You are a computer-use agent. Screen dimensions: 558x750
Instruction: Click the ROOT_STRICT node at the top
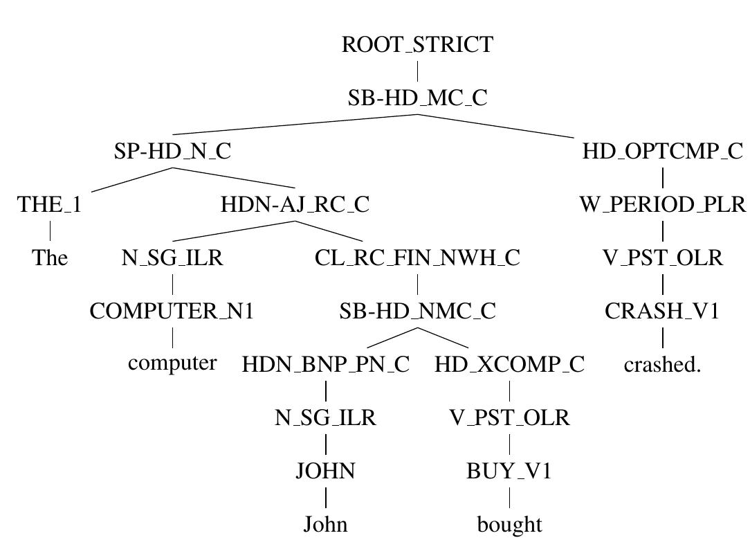(417, 45)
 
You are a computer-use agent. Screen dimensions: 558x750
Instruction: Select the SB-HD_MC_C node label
(417, 98)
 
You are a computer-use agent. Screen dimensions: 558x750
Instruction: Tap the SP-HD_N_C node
(172, 151)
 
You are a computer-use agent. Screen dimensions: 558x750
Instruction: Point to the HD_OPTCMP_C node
(662, 151)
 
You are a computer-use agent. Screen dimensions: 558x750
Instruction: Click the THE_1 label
(50, 205)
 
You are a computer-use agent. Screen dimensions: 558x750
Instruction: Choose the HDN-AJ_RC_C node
(295, 205)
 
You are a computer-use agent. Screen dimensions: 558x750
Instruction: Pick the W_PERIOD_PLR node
(662, 205)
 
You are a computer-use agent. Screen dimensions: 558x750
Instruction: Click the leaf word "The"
(50, 258)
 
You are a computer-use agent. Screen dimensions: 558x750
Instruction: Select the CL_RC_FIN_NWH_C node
(417, 258)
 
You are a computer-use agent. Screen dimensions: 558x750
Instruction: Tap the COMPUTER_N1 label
(172, 312)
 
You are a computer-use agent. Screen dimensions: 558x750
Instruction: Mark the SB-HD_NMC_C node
(417, 312)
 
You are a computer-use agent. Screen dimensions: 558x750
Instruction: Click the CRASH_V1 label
(662, 312)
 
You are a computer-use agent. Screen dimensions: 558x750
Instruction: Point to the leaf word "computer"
(172, 363)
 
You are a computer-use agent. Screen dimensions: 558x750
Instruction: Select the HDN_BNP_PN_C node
(325, 365)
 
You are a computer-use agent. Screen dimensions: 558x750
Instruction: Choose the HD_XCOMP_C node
(509, 365)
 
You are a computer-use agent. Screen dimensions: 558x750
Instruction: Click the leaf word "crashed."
(662, 365)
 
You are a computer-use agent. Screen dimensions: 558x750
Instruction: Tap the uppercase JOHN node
(325, 471)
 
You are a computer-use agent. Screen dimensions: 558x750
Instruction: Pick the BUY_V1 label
(509, 471)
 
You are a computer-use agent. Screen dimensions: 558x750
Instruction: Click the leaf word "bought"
(509, 525)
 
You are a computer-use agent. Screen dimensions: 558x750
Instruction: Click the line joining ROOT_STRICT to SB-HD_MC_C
(417, 71)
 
